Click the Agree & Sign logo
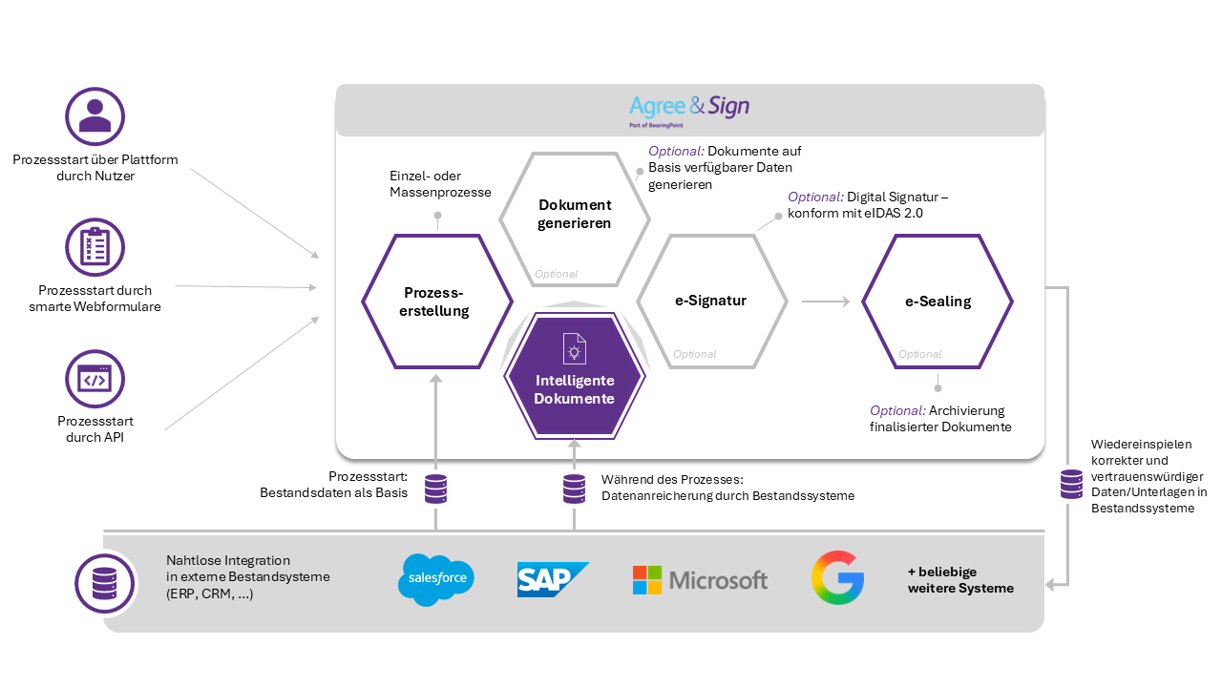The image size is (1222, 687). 689,108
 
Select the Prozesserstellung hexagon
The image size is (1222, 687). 436,302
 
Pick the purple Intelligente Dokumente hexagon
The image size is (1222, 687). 575,378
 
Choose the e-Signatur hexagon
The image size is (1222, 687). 711,301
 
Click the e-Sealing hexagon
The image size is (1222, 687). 938,302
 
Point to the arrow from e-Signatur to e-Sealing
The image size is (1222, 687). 825,302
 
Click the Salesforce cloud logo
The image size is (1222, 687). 436,579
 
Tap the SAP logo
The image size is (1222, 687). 552,579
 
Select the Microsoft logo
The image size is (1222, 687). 700,579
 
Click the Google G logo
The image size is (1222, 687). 837,577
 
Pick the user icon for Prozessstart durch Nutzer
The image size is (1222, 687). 95,117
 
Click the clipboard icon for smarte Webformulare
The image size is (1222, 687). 95,248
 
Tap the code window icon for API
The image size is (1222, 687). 95,380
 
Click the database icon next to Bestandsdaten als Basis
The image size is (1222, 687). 436,489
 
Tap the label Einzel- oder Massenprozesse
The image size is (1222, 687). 440,184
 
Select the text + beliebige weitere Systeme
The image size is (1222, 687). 960,580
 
